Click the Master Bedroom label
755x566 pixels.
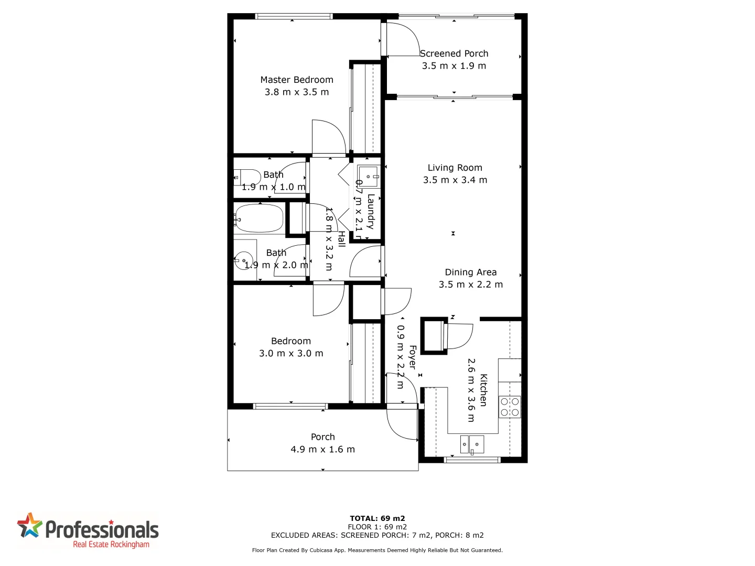(x=297, y=80)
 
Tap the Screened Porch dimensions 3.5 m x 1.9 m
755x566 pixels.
(x=454, y=66)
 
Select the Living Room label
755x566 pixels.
(x=455, y=168)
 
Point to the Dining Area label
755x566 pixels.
(x=470, y=272)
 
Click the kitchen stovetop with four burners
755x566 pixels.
(x=510, y=407)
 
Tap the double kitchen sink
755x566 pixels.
(x=472, y=444)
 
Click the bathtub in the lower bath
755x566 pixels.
(x=259, y=218)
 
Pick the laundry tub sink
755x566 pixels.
(x=368, y=176)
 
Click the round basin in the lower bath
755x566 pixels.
(x=243, y=260)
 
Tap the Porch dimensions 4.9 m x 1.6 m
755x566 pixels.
(x=322, y=449)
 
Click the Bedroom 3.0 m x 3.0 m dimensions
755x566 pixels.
(x=291, y=353)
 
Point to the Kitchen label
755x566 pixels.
(x=483, y=390)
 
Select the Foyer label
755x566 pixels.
(x=413, y=357)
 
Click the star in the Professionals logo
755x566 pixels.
(x=29, y=525)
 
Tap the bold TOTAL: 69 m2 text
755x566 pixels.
(x=377, y=518)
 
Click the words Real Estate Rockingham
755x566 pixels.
(x=111, y=545)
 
